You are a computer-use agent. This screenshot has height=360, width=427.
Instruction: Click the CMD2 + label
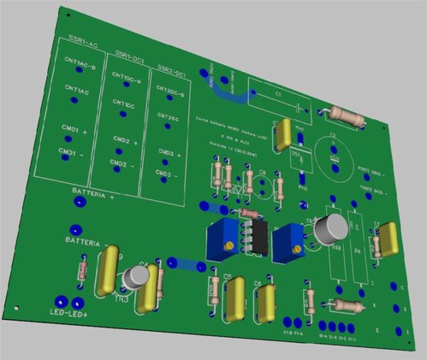pyautogui.click(x=125, y=140)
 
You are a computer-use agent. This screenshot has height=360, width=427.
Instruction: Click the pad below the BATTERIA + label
pyautogui.click(x=80, y=203)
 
